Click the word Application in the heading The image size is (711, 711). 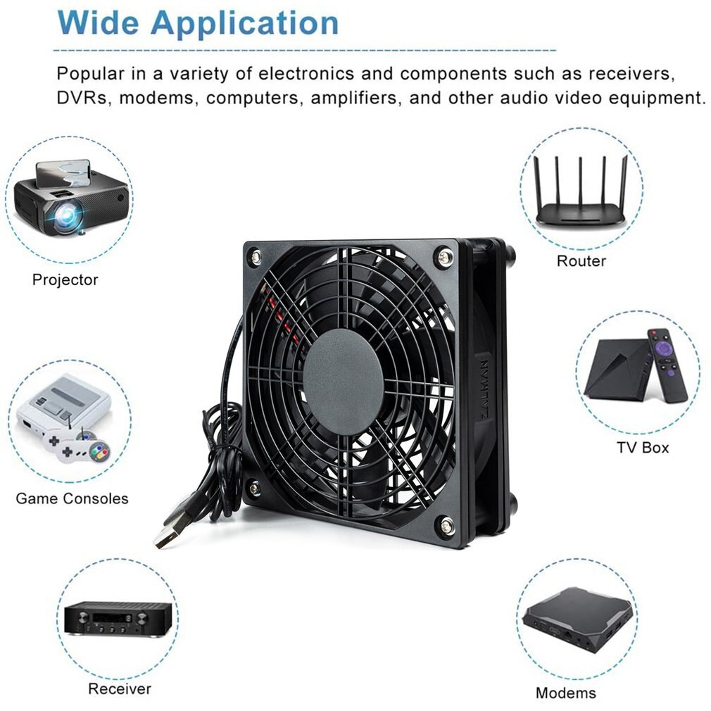point(244,23)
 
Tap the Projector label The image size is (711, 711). point(65,279)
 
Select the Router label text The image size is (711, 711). point(581,261)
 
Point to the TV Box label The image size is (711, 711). point(643,447)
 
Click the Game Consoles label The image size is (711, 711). point(72,498)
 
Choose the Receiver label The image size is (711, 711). point(119,688)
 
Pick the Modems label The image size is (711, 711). point(565,693)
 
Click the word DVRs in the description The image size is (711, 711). point(84,97)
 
